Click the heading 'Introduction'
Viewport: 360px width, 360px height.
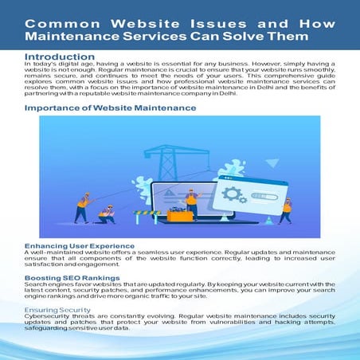[60, 57]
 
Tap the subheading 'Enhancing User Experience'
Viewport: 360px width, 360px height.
[80, 245]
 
